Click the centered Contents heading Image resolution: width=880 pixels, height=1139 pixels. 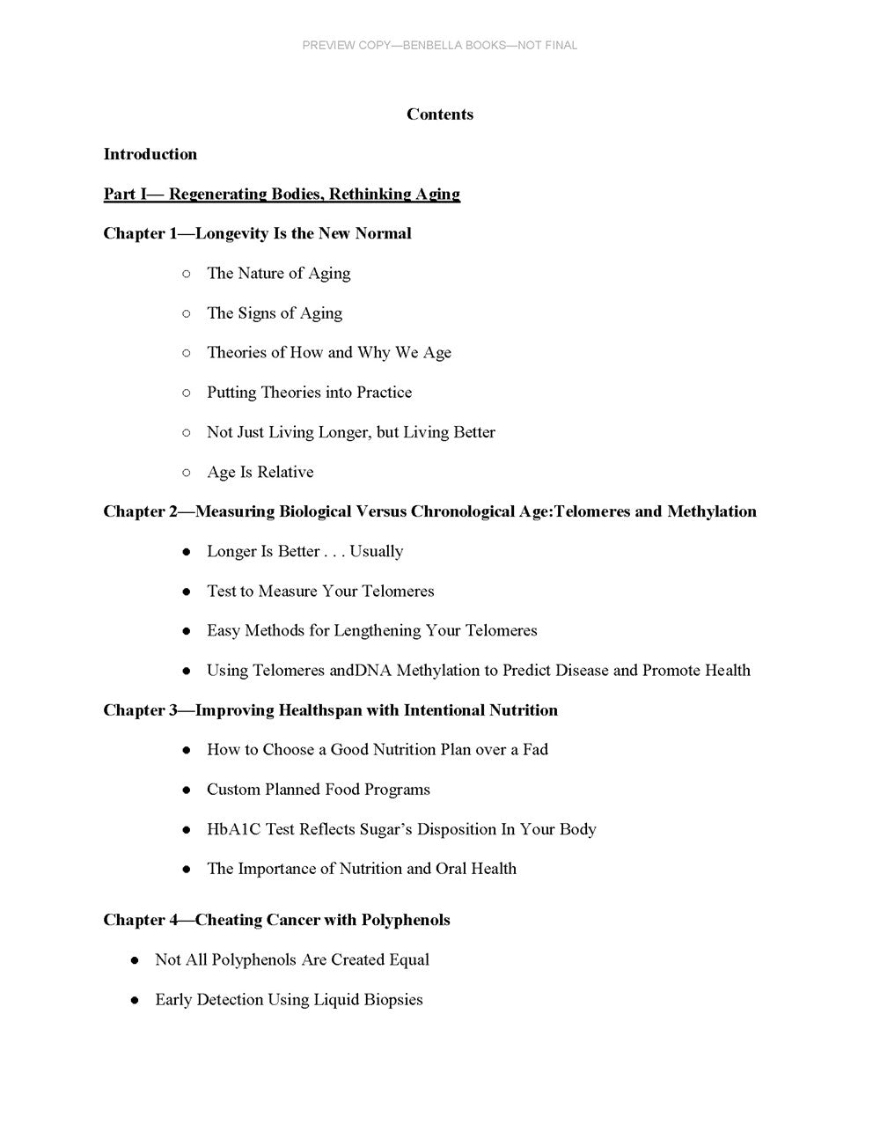click(440, 114)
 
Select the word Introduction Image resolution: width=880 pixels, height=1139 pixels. click(150, 154)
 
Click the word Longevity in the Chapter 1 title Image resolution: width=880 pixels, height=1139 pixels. click(231, 233)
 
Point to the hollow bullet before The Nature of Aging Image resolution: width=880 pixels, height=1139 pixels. click(186, 274)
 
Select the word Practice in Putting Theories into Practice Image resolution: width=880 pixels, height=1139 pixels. click(385, 393)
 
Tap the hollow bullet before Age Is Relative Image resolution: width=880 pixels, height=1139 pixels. click(186, 473)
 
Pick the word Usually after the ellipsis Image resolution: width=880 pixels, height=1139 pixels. click(377, 552)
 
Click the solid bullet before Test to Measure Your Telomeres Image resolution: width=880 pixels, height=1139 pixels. click(186, 592)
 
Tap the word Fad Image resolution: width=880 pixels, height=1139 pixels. click(535, 750)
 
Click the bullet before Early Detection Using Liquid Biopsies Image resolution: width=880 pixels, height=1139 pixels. click(134, 1000)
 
